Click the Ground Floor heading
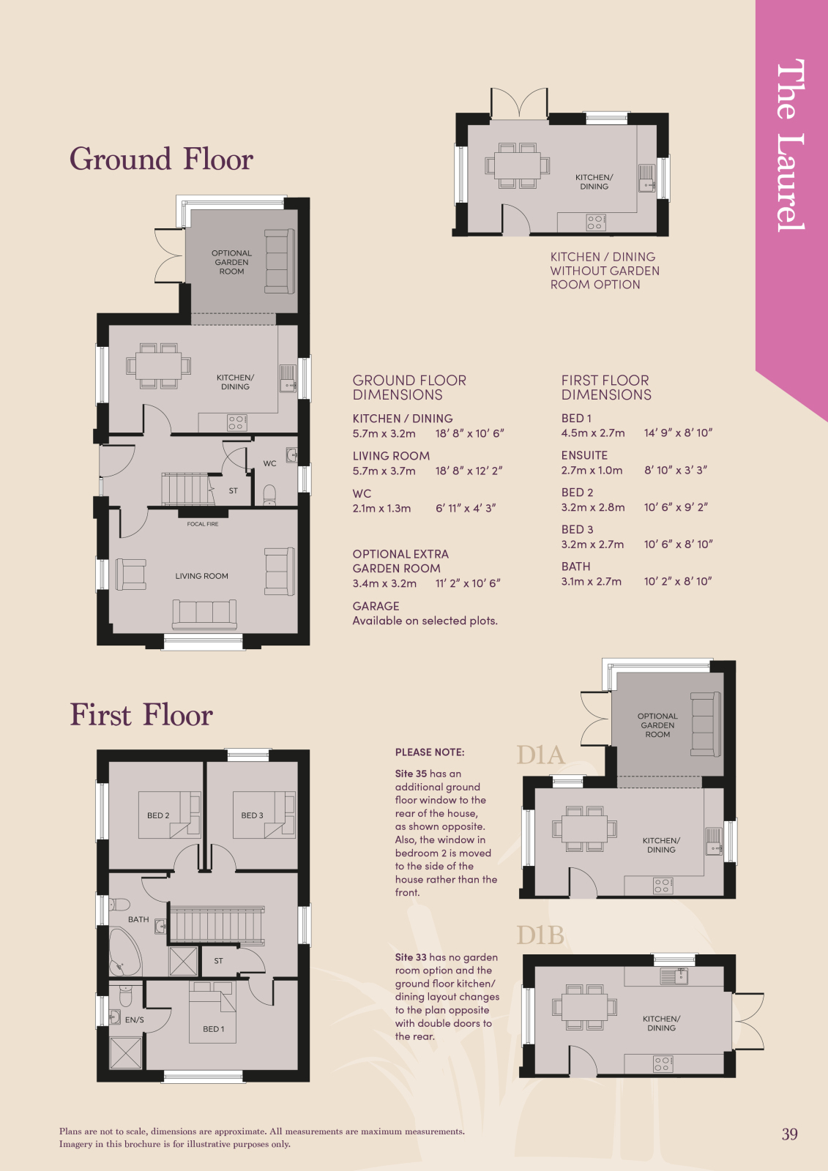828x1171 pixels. [x=161, y=159]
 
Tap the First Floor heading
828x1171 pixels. [x=141, y=714]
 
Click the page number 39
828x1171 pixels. [x=789, y=1134]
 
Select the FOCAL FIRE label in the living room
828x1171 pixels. [x=202, y=524]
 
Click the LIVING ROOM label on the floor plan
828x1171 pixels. [x=201, y=576]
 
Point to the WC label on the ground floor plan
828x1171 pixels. [x=270, y=463]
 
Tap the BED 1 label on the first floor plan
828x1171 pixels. [x=214, y=1029]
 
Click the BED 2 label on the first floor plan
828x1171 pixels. [x=158, y=815]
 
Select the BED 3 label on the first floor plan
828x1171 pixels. [x=252, y=815]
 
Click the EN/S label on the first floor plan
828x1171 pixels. [x=135, y=1020]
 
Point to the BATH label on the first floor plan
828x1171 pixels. [x=138, y=919]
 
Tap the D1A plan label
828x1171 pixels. [x=540, y=755]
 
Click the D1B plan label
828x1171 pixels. [x=540, y=935]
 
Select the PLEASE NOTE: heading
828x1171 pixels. [x=430, y=752]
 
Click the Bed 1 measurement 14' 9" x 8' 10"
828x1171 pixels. [x=678, y=433]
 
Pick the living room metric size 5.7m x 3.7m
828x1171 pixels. [x=384, y=471]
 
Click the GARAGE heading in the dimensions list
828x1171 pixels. [x=376, y=606]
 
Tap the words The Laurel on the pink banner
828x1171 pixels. [x=791, y=146]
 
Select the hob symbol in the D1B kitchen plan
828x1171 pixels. [x=662, y=1064]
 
